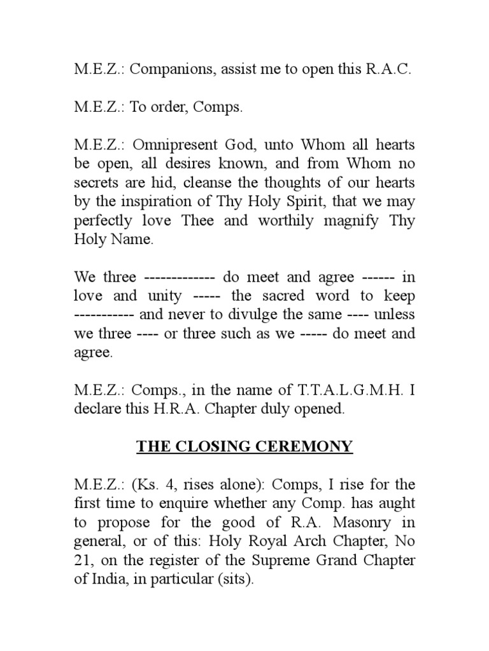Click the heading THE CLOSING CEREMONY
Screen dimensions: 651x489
coord(244,447)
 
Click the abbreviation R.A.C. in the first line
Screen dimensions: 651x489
coord(389,70)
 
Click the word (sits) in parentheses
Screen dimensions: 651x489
coord(236,580)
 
